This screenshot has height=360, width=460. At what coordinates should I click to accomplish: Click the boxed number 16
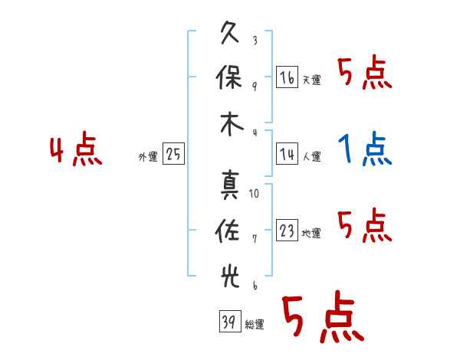pyautogui.click(x=287, y=78)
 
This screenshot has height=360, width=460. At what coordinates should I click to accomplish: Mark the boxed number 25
pyautogui.click(x=173, y=155)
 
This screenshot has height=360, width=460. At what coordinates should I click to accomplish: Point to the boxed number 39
pyautogui.click(x=228, y=322)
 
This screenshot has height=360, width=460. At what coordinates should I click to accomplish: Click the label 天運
pyautogui.click(x=311, y=80)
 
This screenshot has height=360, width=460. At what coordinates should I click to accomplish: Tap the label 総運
pyautogui.click(x=254, y=324)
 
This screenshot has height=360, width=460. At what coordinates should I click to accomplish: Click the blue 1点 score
pyautogui.click(x=365, y=149)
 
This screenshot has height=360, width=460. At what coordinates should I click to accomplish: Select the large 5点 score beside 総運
pyautogui.click(x=321, y=318)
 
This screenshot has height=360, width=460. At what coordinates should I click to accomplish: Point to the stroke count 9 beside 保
pyautogui.click(x=255, y=85)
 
